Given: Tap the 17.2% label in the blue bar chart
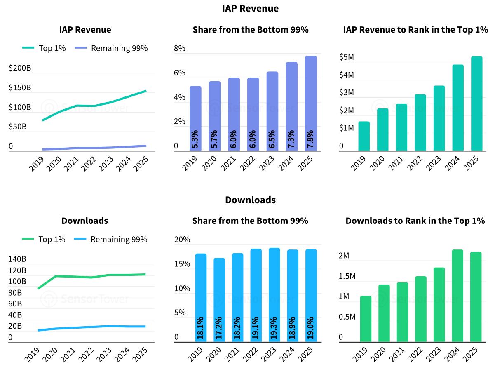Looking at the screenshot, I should tap(219, 328).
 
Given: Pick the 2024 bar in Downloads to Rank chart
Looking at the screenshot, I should tap(457, 296).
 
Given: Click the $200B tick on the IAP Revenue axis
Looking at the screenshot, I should tap(20, 68).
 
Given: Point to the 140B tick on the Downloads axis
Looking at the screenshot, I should tap(17, 259).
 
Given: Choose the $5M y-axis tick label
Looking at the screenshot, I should tap(347, 57).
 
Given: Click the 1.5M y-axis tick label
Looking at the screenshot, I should tap(347, 276).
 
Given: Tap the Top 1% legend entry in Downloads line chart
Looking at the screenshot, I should tap(43, 239).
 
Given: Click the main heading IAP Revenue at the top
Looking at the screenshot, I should tap(250, 8).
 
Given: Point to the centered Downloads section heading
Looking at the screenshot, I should tap(250, 200).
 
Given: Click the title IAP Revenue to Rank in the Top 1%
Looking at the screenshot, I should tap(415, 30).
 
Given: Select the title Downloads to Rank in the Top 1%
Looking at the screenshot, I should tap(415, 221).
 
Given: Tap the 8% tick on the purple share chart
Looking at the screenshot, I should tap(180, 48).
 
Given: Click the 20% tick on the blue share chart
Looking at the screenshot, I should tap(182, 240).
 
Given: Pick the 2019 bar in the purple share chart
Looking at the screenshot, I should tap(195, 118).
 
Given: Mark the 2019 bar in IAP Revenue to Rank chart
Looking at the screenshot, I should tap(364, 136).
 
